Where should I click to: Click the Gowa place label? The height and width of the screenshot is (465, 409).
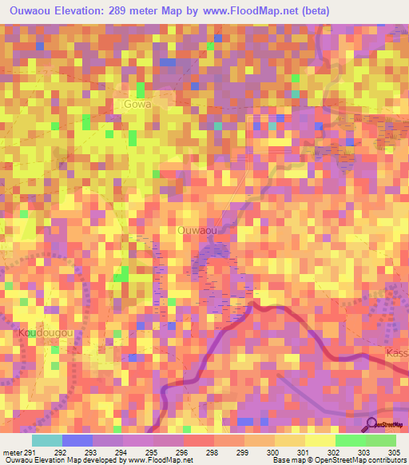[x=137, y=104]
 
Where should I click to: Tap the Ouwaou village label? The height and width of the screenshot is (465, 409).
[x=197, y=230]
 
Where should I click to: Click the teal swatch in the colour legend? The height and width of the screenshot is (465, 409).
[x=47, y=440]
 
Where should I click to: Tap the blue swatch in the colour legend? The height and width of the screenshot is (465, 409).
[x=77, y=440]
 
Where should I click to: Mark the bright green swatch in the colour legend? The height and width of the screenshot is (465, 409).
[x=350, y=440]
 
